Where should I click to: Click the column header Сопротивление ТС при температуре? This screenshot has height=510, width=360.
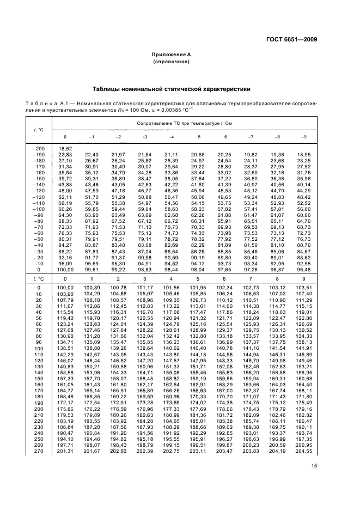(185, 124)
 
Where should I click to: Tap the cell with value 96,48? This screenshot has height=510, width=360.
(304, 269)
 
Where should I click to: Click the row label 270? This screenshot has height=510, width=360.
(39, 451)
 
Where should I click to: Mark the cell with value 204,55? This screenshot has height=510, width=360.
(304, 451)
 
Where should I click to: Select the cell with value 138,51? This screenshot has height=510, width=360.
(65, 363)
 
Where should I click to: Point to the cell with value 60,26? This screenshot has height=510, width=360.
(65, 209)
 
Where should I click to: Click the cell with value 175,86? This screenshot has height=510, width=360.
(65, 409)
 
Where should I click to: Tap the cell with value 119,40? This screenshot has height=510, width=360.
(65, 317)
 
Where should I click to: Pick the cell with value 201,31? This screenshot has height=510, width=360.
(65, 451)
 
